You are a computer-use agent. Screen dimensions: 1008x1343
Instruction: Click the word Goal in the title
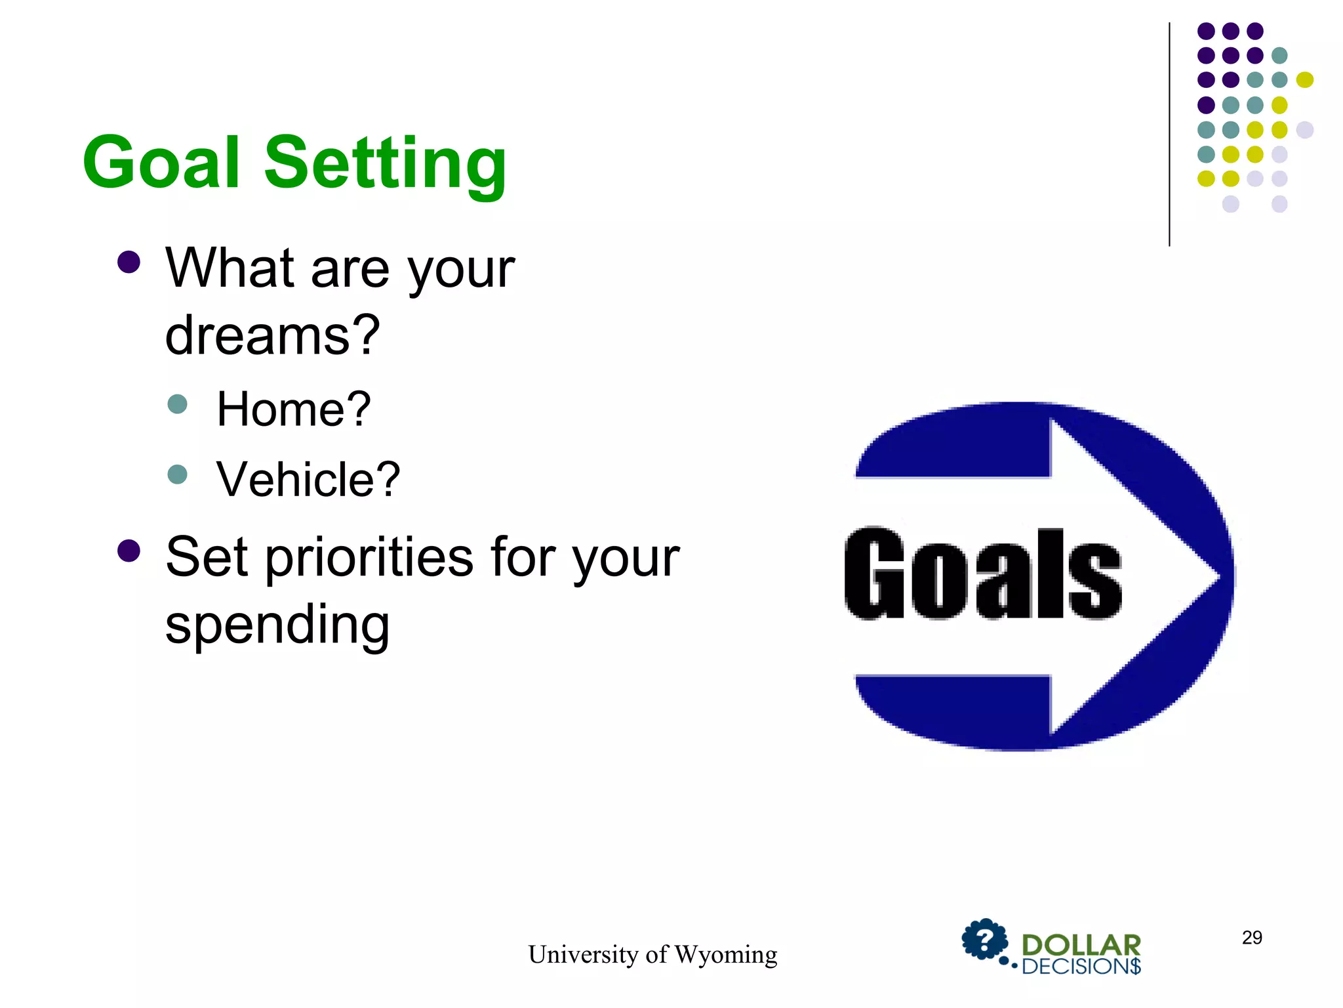coord(161,163)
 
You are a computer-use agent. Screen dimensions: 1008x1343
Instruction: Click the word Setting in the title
coord(386,164)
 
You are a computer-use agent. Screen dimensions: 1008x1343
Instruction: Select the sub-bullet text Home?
coord(294,409)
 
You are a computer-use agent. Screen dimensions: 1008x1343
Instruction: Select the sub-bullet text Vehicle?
coord(308,480)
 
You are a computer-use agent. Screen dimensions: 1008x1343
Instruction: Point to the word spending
coord(277,625)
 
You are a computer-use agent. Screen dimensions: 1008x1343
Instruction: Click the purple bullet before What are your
coord(129,262)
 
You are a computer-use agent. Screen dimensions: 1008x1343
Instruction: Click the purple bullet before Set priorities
coord(129,551)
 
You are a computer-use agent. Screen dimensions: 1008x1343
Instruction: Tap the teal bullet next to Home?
coord(177,404)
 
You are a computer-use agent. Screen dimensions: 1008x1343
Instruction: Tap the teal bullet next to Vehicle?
coord(177,474)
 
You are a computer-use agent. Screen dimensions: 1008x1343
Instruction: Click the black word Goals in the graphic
coord(982,575)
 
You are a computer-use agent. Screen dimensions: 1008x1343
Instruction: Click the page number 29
coord(1251,938)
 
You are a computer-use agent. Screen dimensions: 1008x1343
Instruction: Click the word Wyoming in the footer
coord(725,955)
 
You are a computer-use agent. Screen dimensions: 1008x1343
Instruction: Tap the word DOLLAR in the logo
coord(1081,946)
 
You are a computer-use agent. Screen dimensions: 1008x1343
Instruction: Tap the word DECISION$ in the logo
coord(1081,967)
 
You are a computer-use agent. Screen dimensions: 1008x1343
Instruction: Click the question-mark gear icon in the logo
coord(984,940)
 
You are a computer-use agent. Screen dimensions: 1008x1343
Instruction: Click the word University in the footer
coord(583,955)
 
